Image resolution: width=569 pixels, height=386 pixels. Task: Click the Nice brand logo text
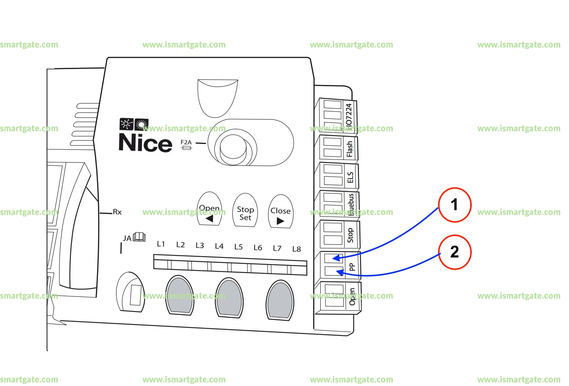click(145, 143)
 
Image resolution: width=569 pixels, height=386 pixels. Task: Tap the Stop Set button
click(245, 213)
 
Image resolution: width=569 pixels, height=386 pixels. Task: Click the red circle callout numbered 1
click(454, 205)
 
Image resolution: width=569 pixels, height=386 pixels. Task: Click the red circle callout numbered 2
click(454, 252)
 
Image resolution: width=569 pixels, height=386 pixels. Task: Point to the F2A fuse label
click(186, 142)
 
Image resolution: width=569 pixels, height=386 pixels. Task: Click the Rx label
click(117, 212)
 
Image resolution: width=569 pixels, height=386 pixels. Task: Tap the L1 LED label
click(161, 244)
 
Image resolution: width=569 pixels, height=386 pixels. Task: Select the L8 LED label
click(296, 249)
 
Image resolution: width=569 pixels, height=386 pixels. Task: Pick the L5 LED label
click(238, 247)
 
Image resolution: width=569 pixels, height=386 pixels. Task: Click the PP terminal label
click(352, 267)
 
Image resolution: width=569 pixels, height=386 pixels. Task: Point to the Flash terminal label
click(350, 149)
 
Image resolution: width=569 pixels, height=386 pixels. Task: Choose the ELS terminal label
click(350, 177)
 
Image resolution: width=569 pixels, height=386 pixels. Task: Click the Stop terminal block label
click(350, 235)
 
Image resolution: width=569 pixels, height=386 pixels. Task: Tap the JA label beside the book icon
click(127, 238)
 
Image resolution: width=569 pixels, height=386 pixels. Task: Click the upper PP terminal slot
click(334, 258)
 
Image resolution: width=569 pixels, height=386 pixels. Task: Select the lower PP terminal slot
click(334, 272)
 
